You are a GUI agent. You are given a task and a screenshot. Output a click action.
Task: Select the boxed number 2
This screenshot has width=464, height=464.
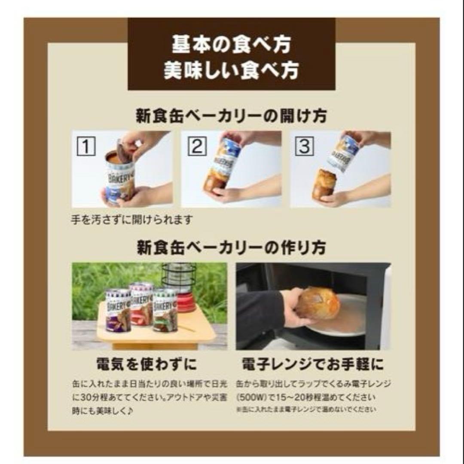[196, 147]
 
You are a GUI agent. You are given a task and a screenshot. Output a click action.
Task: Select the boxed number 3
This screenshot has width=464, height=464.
[304, 147]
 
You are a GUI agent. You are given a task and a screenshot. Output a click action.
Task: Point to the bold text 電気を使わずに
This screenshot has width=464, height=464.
[146, 365]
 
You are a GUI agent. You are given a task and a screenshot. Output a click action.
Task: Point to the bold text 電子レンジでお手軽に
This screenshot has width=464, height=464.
[313, 365]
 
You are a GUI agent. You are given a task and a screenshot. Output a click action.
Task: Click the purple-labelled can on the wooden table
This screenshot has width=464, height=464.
[118, 311]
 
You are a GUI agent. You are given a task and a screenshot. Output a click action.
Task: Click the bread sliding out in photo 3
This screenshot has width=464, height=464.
[324, 184]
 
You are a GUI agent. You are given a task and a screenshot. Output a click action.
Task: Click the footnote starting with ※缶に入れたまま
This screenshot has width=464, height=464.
[305, 410]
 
